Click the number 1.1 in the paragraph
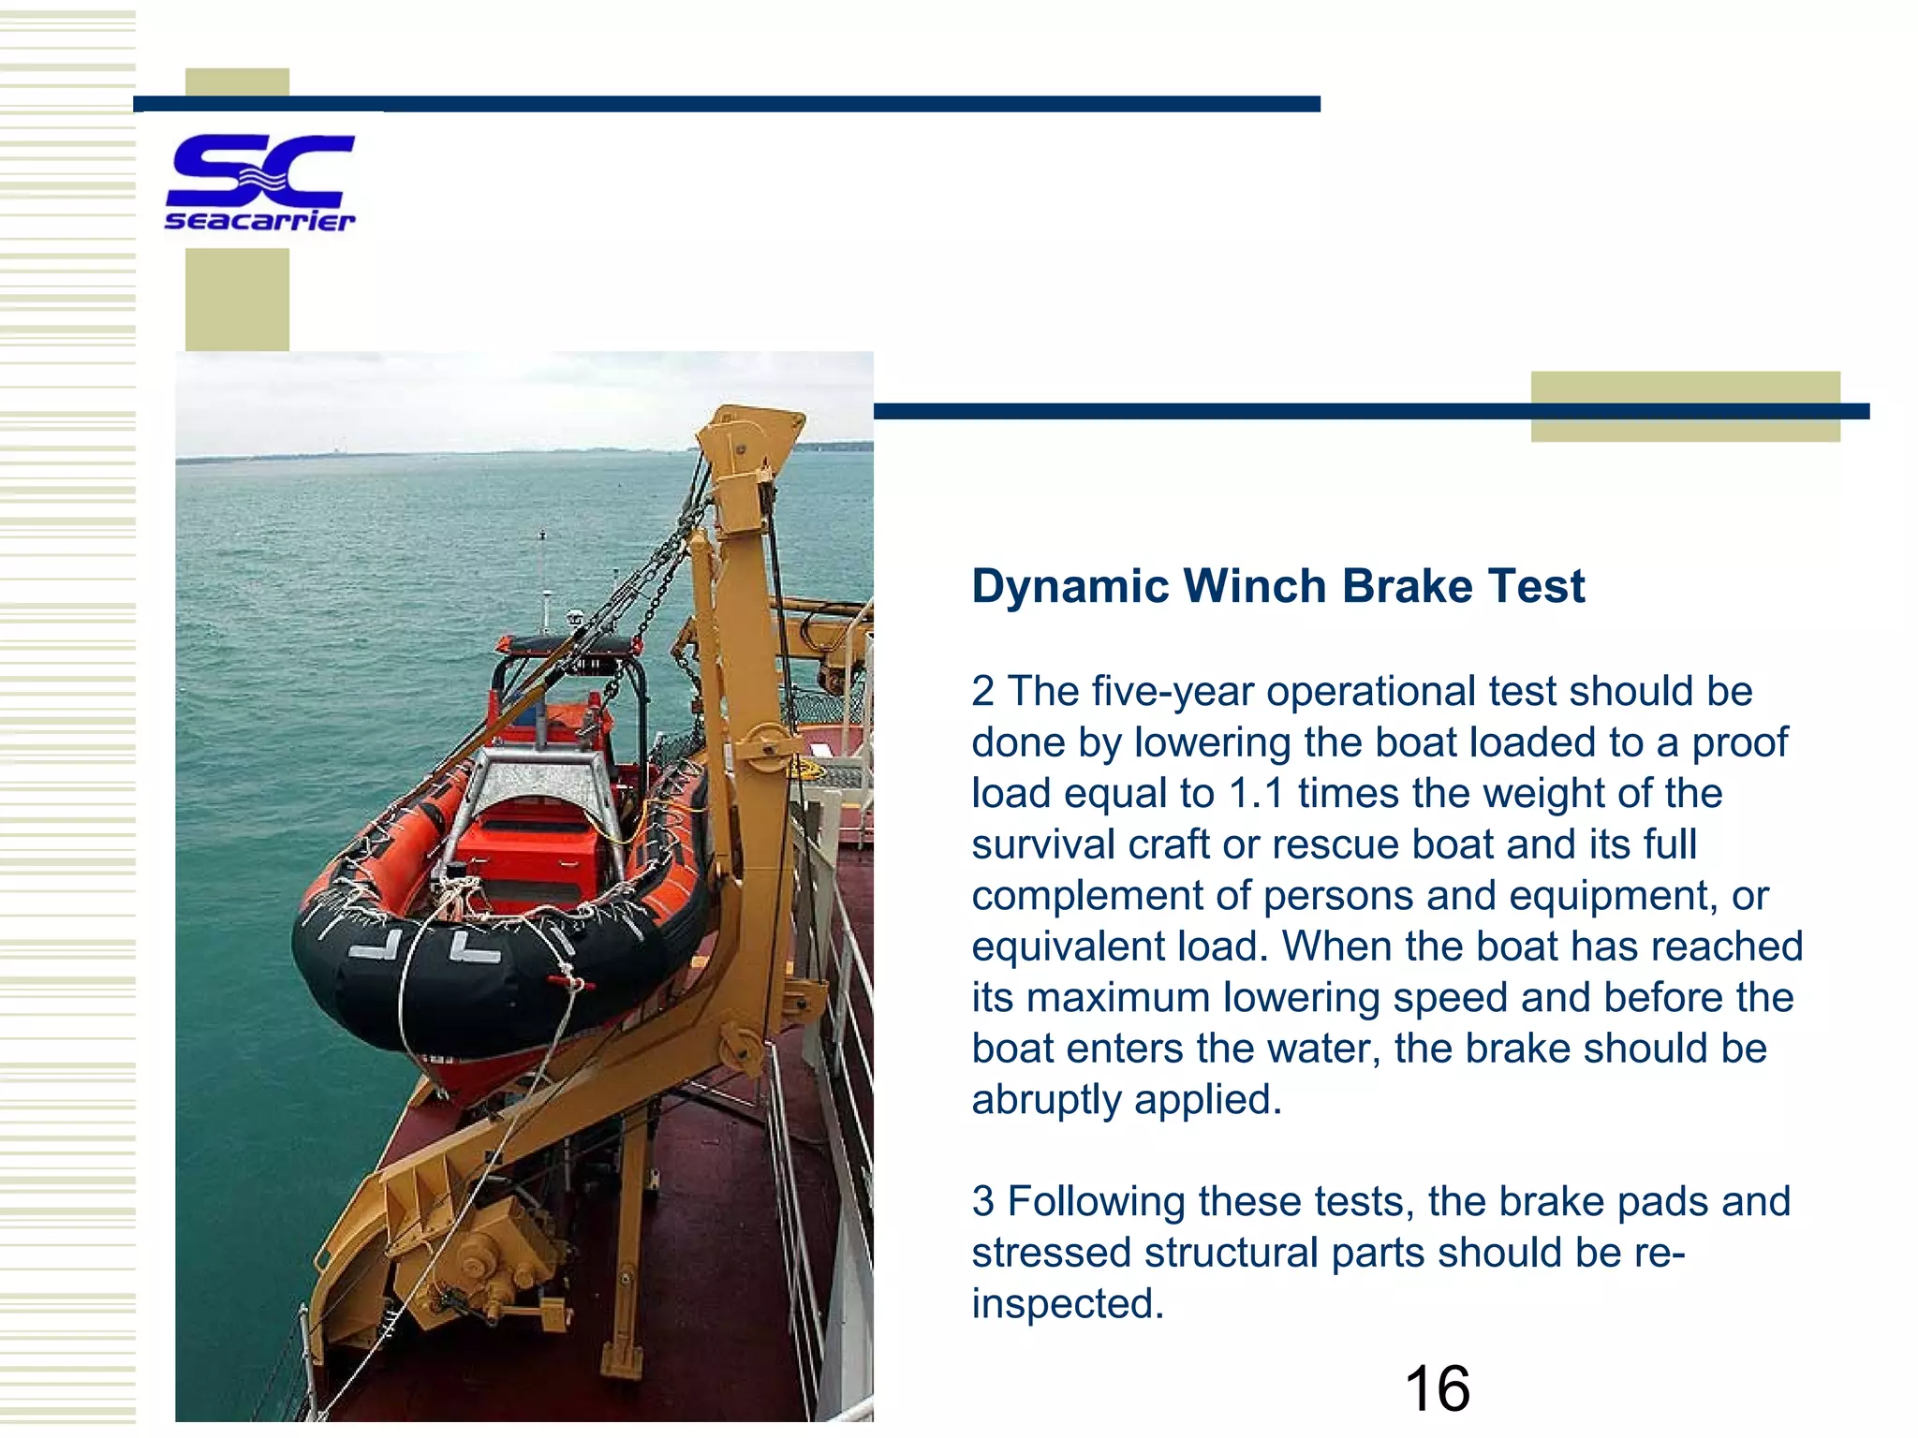(1255, 794)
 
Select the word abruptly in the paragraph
(1046, 1100)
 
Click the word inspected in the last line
(1067, 1304)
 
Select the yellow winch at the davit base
(496, 1255)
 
